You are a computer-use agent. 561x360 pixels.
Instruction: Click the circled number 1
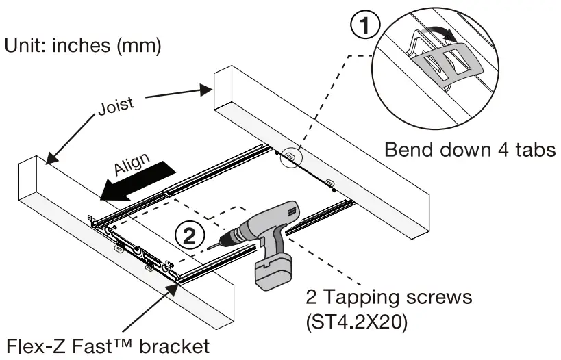(366, 27)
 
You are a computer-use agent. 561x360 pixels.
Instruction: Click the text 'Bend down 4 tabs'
(469, 150)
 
